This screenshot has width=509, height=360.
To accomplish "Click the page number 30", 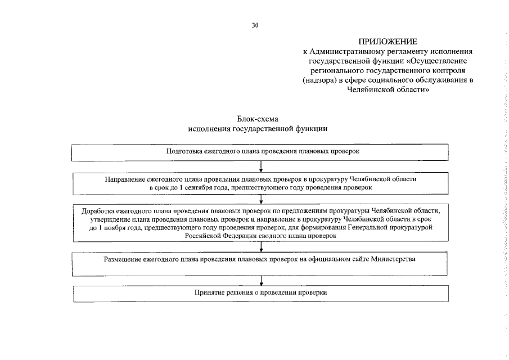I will (255, 25).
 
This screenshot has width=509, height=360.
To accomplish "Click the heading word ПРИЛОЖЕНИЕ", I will (388, 42).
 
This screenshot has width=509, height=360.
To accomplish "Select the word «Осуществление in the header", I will (440, 60).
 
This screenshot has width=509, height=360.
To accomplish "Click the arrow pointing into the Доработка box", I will (262, 198).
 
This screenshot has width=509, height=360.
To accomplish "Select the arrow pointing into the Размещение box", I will (262, 247).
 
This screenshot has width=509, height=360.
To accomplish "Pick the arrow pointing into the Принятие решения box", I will (262, 281).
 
